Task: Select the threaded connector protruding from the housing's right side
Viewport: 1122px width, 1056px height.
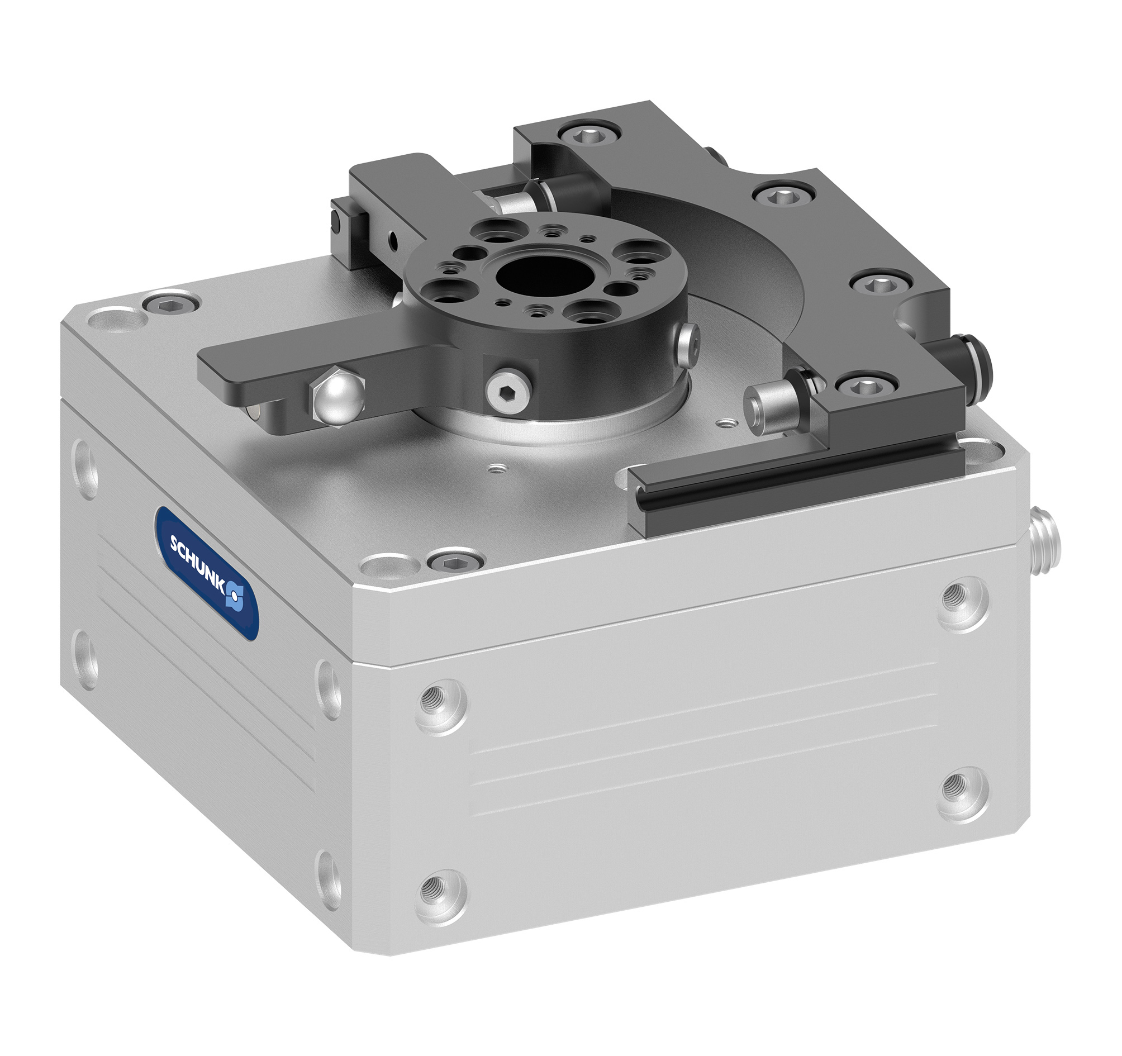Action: pos(1044,543)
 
